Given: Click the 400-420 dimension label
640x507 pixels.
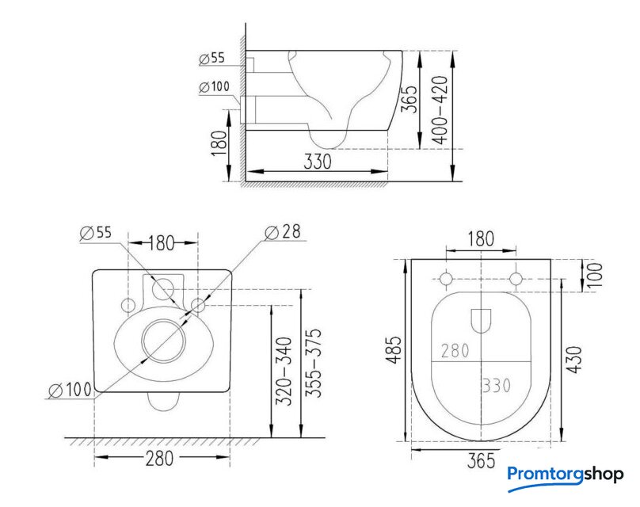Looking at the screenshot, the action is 440,110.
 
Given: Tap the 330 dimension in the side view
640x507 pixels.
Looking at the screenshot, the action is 318,162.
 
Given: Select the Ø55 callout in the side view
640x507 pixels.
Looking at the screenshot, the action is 211,59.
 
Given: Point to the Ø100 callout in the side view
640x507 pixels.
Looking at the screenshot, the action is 215,87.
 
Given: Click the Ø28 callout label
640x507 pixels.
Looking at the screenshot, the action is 283,232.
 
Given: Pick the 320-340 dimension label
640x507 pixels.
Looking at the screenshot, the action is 284,371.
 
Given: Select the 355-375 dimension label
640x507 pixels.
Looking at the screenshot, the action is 314,363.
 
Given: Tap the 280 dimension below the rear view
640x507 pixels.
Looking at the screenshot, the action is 159,459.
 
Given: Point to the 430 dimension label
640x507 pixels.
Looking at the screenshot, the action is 574,359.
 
